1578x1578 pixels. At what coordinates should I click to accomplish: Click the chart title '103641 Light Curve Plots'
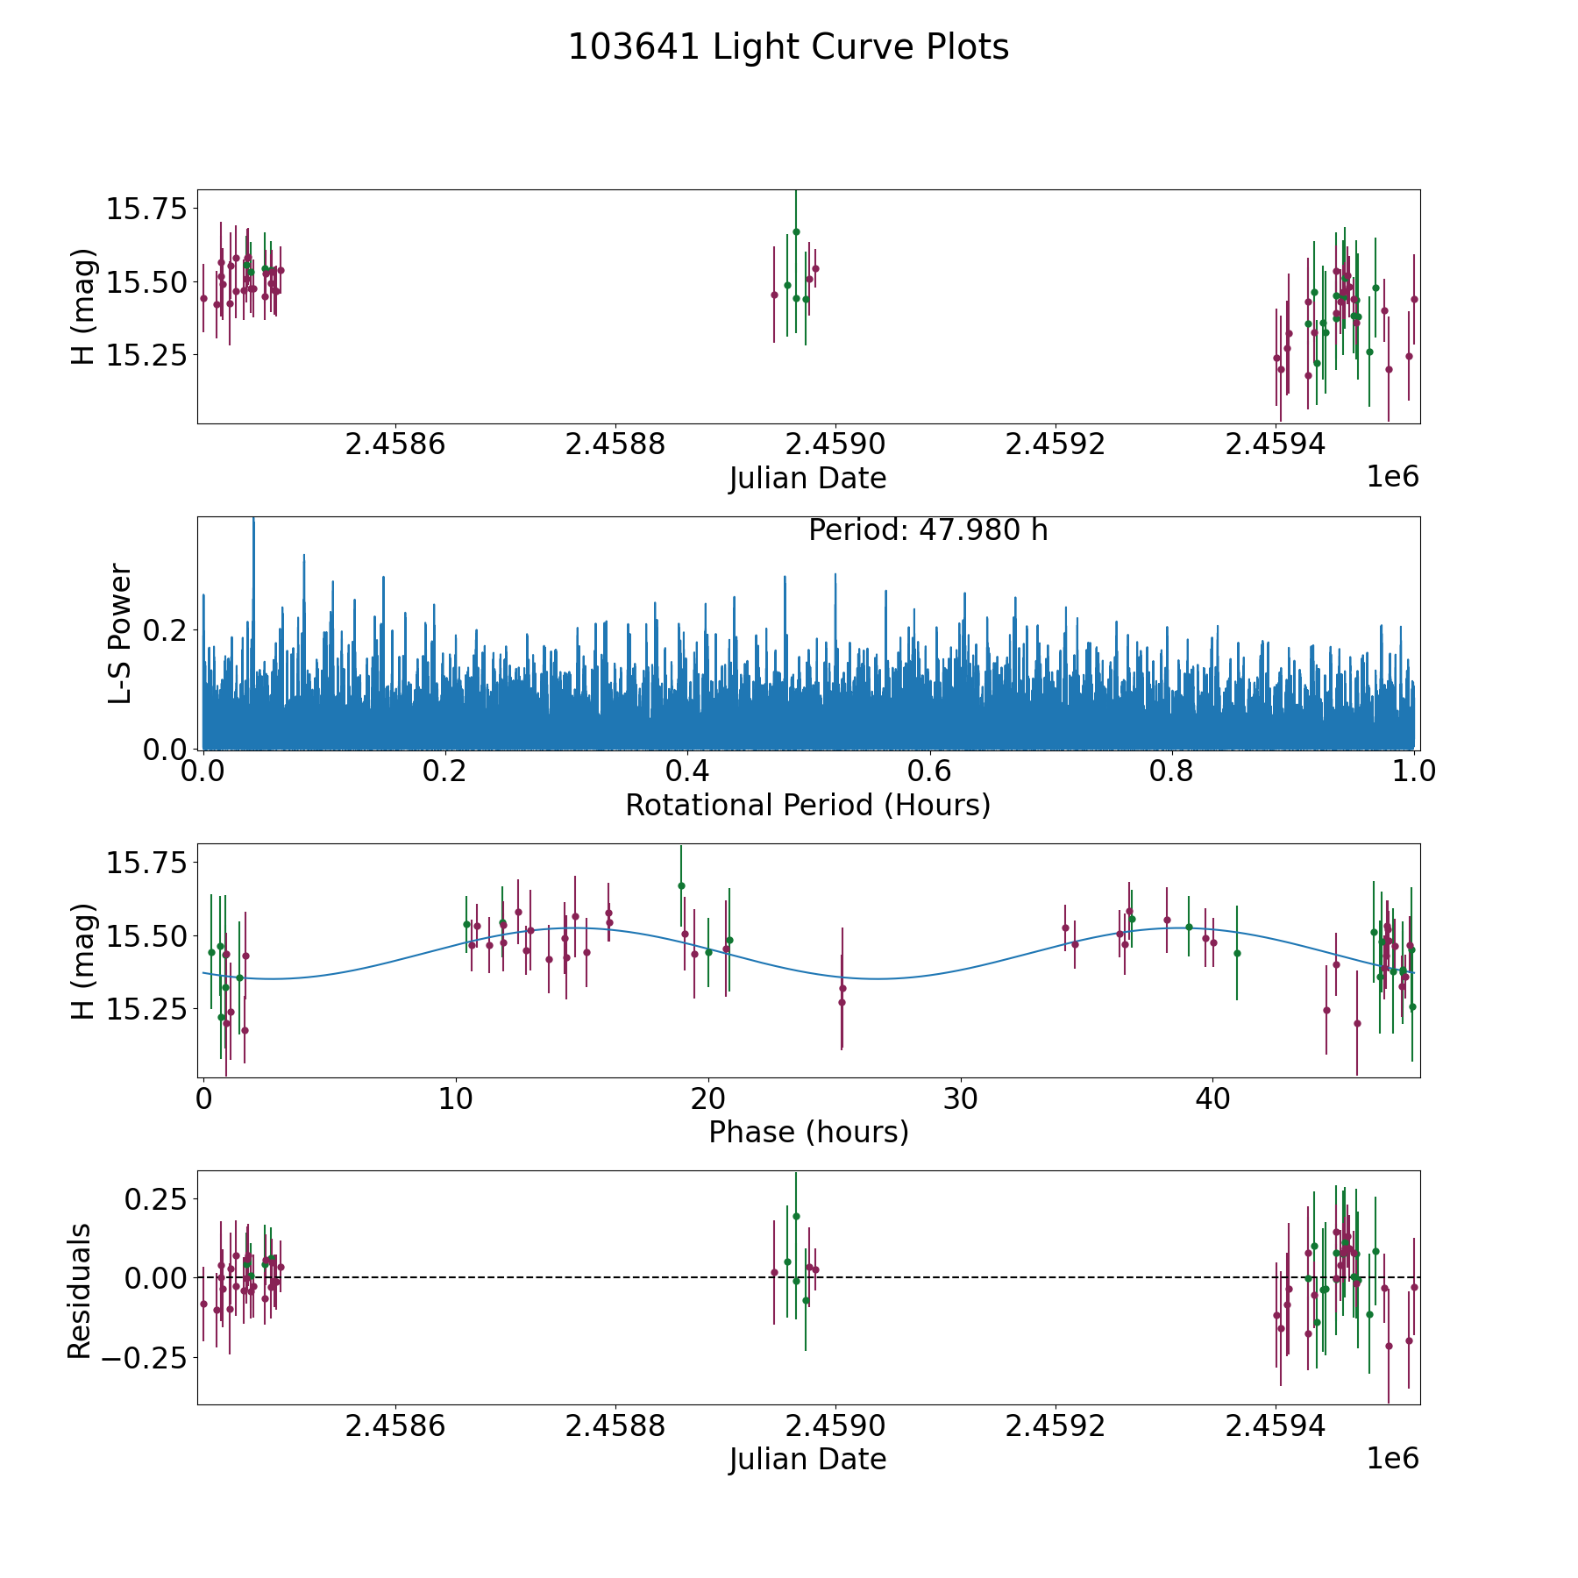788,47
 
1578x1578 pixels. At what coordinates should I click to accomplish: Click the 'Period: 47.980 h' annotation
928,530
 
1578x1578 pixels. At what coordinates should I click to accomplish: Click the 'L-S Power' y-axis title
120,633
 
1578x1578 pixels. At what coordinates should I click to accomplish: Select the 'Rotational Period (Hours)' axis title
807,805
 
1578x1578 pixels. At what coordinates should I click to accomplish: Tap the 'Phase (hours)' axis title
807,1132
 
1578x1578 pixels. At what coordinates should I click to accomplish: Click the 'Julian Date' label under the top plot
807,479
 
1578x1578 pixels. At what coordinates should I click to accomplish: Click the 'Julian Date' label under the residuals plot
807,1459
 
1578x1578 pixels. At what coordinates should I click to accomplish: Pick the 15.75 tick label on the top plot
146,210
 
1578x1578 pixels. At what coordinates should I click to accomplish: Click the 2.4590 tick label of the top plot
835,444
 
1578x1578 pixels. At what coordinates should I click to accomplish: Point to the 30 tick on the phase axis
961,1098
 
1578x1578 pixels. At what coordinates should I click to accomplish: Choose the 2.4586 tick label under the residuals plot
395,1425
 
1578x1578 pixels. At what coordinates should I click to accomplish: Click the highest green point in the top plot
796,231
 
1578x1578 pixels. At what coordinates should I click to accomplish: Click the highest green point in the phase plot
681,885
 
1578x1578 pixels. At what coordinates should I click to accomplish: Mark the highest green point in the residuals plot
796,1216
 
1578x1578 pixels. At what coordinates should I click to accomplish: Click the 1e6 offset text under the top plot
1392,477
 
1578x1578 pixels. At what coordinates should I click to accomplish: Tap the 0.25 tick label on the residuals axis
154,1198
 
